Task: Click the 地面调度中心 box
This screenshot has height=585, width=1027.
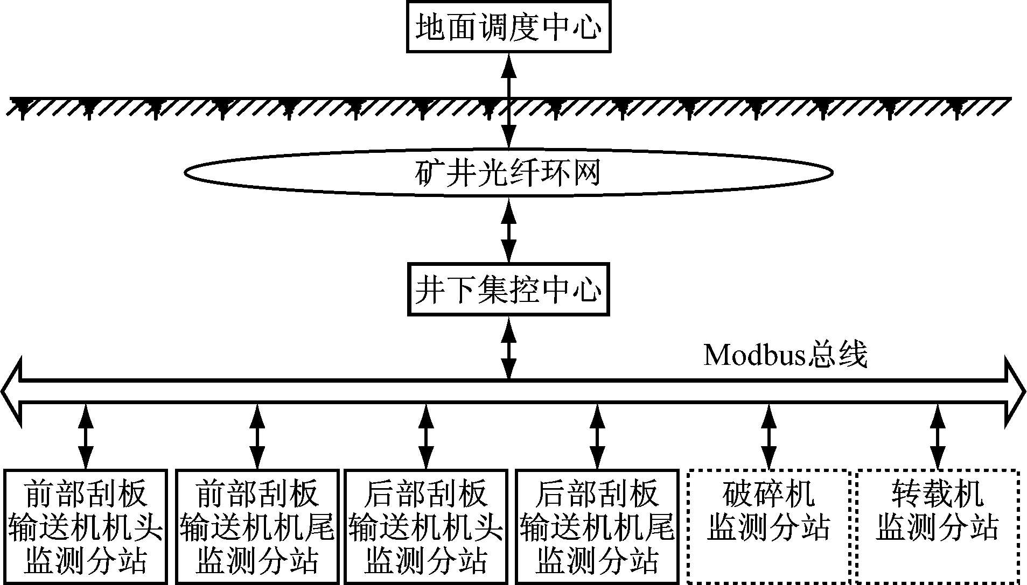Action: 508,27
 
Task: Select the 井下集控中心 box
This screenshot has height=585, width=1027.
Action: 508,290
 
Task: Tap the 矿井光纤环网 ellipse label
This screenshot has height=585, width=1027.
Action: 508,173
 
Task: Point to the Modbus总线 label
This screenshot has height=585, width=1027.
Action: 786,356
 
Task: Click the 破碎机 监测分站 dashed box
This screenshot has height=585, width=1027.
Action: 768,526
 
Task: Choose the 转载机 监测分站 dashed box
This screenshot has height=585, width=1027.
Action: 938,526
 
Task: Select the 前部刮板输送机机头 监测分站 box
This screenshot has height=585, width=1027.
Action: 86,526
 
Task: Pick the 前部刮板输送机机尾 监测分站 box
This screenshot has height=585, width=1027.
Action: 257,526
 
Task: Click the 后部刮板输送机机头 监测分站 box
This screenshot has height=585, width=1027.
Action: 426,526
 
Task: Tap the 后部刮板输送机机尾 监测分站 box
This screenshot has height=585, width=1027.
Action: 597,526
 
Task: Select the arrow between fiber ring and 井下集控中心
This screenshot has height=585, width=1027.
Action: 508,230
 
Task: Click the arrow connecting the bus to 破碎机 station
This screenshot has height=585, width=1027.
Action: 768,436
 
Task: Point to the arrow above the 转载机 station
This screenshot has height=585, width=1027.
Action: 938,436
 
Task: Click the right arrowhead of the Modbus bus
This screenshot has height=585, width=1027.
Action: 1015,391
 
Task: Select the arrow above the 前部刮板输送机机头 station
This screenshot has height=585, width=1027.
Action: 86,436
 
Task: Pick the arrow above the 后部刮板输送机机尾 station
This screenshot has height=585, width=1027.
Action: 597,436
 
